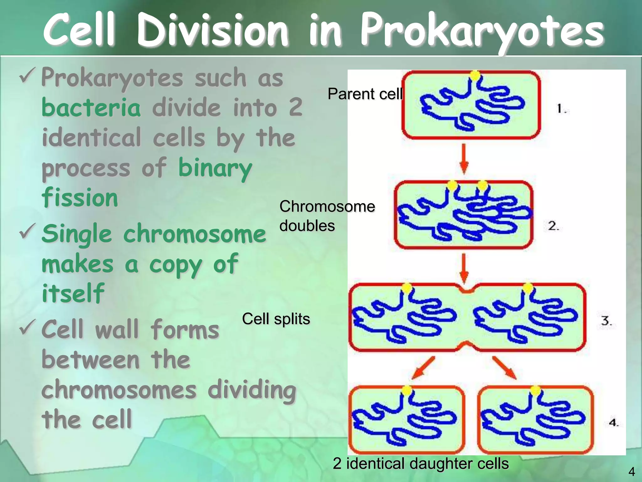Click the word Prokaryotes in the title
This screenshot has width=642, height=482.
pyautogui.click(x=482, y=31)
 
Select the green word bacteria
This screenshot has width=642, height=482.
pyautogui.click(x=91, y=108)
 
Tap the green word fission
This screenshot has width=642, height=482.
pyautogui.click(x=80, y=198)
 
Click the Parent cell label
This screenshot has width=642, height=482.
pyautogui.click(x=365, y=94)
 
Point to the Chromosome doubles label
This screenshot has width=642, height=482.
pyautogui.click(x=327, y=216)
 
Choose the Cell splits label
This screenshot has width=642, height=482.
pyautogui.click(x=276, y=319)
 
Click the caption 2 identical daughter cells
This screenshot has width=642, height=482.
pyautogui.click(x=421, y=463)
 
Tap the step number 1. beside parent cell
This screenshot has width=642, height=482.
pyautogui.click(x=561, y=109)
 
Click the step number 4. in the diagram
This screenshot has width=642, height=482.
pyautogui.click(x=613, y=422)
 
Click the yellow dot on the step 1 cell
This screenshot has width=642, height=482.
pyautogui.click(x=475, y=75)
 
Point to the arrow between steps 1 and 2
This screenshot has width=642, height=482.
pyautogui.click(x=464, y=158)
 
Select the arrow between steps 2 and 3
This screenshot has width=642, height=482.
pyautogui.click(x=464, y=268)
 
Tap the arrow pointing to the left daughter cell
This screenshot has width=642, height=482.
pyautogui.click(x=423, y=368)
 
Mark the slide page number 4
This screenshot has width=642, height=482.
pyautogui.click(x=632, y=472)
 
